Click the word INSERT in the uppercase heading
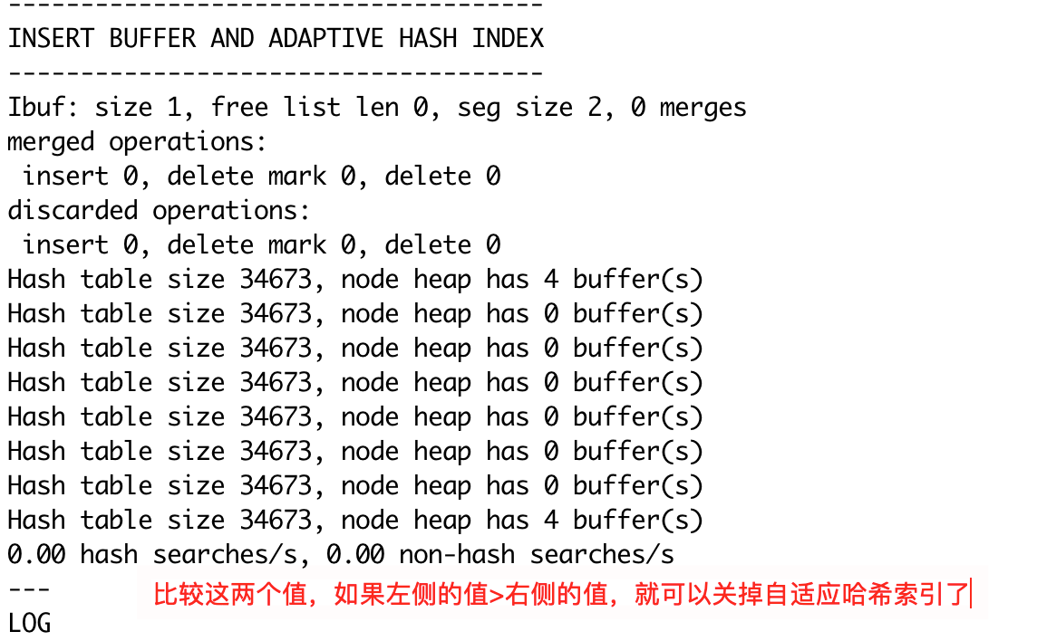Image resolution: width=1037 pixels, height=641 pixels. (51, 39)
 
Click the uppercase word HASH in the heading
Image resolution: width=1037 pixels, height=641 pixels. (427, 39)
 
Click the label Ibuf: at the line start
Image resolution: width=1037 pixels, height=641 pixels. (44, 108)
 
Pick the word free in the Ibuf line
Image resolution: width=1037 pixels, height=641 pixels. (239, 108)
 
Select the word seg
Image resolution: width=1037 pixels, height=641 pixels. (479, 108)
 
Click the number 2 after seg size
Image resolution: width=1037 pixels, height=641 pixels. (594, 108)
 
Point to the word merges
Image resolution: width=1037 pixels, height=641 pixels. (703, 108)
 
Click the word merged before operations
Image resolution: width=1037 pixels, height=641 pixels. (51, 142)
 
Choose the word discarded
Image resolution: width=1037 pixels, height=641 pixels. (73, 211)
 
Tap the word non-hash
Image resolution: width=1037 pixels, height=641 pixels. (457, 554)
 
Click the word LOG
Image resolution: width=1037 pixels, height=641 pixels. (29, 623)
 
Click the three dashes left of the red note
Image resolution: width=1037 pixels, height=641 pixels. (29, 588)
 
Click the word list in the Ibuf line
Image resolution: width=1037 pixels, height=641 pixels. (312, 108)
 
